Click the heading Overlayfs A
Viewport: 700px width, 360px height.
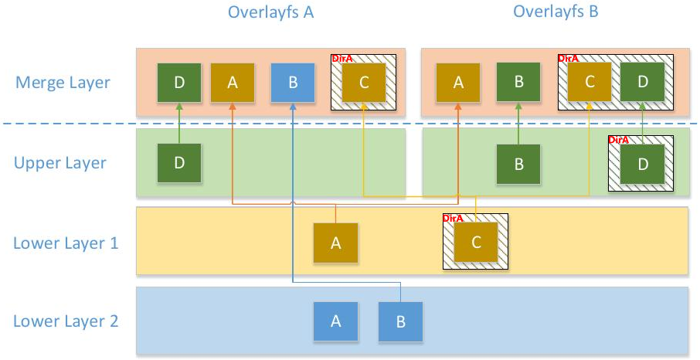pos(270,12)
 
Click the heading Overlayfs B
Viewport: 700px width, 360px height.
pos(556,12)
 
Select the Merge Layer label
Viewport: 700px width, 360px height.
pos(63,82)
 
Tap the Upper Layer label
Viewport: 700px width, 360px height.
pos(60,163)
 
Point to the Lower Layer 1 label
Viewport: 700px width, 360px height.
pos(66,243)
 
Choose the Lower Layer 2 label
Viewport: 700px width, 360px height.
pos(66,321)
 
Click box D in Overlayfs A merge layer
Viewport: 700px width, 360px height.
pos(179,83)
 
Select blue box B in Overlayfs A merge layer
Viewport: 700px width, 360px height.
pos(293,83)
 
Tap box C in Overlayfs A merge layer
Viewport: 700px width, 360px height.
pos(364,83)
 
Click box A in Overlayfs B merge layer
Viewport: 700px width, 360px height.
pos(458,83)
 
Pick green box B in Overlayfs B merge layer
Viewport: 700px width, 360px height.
pos(518,83)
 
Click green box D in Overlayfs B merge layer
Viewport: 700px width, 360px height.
pos(643,83)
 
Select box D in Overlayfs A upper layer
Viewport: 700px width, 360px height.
pos(179,164)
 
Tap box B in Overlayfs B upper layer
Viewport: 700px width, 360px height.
pos(518,164)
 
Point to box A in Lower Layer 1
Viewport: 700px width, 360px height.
pos(335,243)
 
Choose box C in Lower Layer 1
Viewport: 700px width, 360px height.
pos(476,243)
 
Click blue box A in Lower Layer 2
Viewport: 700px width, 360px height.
pos(335,321)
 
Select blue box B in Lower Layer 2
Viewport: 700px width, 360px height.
pos(400,321)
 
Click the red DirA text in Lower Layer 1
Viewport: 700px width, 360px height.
pos(453,219)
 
